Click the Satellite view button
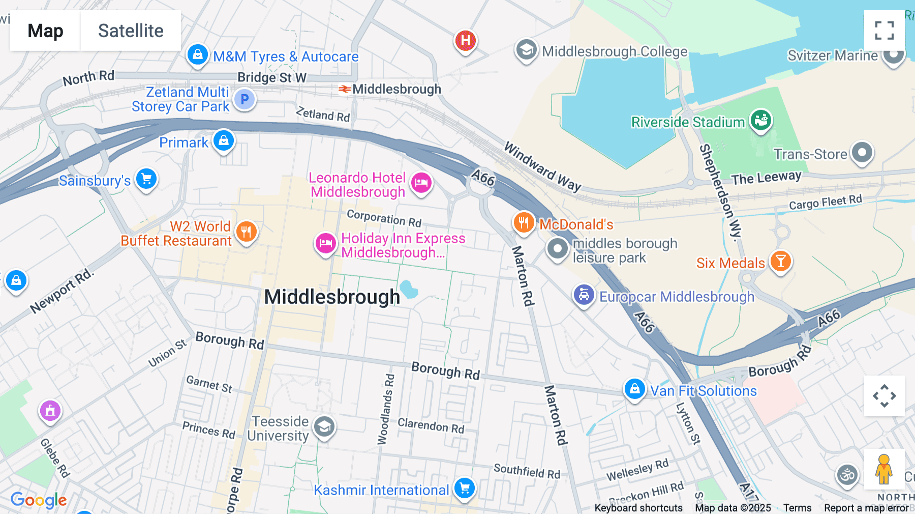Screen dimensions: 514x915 [131, 31]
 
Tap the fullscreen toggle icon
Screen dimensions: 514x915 [884, 31]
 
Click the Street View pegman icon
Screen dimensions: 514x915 [884, 469]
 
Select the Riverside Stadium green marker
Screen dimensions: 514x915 [761, 121]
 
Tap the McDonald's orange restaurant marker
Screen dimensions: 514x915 [524, 222]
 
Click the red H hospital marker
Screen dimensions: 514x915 [465, 40]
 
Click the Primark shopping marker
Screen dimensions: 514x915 [224, 140]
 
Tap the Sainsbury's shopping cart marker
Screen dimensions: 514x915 [146, 179]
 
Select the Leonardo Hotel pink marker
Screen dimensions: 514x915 [421, 182]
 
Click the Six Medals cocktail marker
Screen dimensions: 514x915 [780, 261]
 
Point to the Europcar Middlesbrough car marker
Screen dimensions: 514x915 [584, 295]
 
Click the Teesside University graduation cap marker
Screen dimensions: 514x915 [324, 427]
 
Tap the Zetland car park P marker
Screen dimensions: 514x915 [245, 99]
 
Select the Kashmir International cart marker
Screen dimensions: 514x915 [464, 488]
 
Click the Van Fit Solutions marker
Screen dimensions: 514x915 [634, 389]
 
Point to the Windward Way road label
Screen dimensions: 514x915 [542, 166]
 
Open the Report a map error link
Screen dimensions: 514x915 [866, 507]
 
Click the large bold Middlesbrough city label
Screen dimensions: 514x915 [332, 297]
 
